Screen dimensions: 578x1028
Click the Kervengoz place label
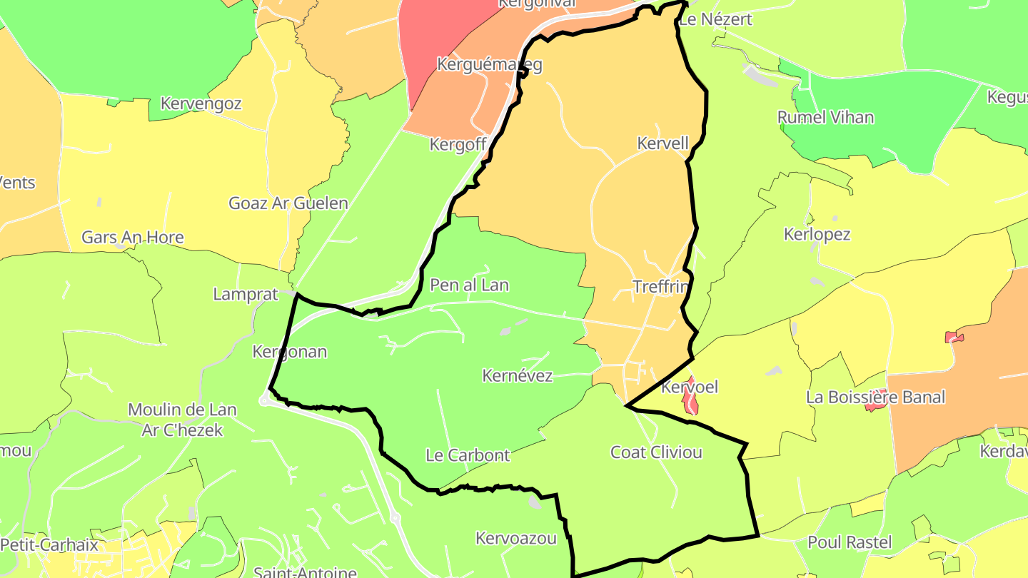201,103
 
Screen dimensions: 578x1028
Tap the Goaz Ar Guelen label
288,203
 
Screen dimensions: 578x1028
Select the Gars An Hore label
133,238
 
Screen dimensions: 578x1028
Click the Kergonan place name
289,352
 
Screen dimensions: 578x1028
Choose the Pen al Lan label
469,285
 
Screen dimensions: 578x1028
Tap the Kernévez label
518,375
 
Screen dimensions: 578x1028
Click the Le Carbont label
468,455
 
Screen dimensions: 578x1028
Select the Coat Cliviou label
656,452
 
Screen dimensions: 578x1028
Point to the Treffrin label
660,287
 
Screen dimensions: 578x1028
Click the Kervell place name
662,143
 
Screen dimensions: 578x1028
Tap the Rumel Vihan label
825,118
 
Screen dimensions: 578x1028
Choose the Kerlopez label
817,234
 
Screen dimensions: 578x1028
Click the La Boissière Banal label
875,397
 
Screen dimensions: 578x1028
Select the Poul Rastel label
850,542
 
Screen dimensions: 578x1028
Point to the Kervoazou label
515,538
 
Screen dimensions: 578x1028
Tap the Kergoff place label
458,145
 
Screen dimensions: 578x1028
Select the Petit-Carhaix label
49,545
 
